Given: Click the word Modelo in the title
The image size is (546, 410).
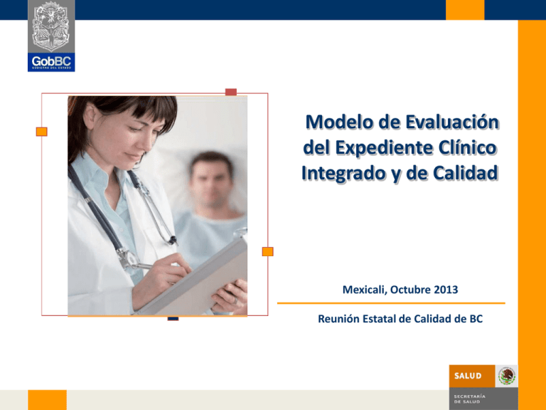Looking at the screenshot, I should point(339,122).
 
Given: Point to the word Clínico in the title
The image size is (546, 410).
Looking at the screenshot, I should point(469,148).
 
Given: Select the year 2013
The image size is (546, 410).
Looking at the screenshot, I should point(442,290).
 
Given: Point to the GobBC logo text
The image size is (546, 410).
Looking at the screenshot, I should point(51,59).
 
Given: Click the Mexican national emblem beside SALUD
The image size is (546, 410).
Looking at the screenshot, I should point(507,376).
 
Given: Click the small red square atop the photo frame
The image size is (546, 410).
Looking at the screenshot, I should point(230,92).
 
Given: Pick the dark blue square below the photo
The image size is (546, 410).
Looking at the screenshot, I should point(173,317).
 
